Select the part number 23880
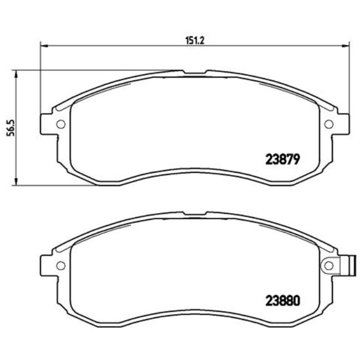pyautogui.click(x=280, y=302)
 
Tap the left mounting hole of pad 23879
pyautogui.click(x=61, y=124)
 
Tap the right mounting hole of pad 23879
pyautogui.click(x=328, y=124)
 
